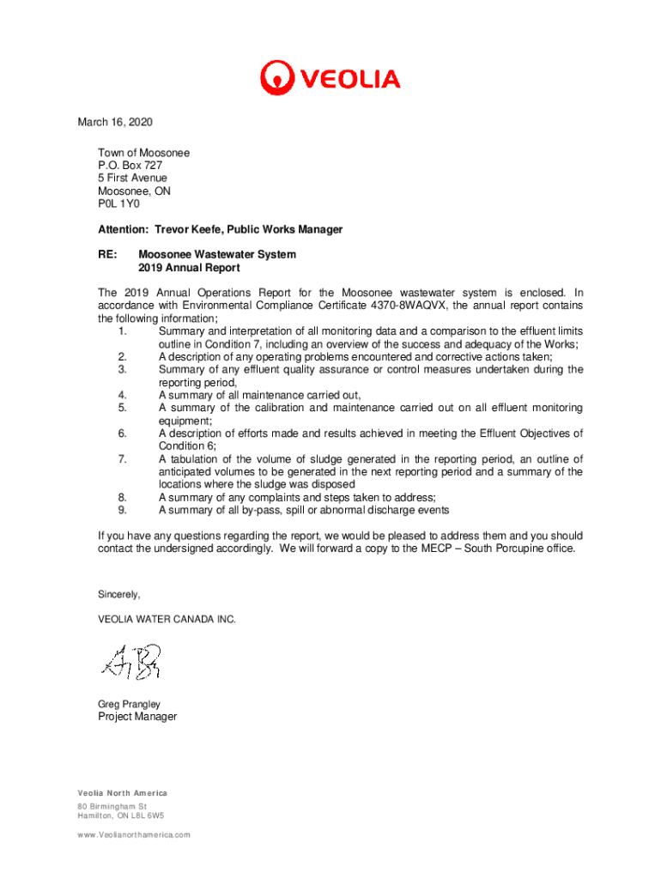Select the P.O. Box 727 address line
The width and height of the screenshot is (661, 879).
pyautogui.click(x=130, y=166)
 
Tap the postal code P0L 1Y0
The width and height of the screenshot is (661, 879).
pyautogui.click(x=118, y=204)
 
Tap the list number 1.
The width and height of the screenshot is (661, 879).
pyautogui.click(x=124, y=331)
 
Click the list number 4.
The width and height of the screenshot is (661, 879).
pyautogui.click(x=124, y=395)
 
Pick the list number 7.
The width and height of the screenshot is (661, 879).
pyautogui.click(x=124, y=459)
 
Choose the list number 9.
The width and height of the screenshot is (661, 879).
pyautogui.click(x=124, y=510)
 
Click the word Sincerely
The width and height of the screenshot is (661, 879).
pyautogui.click(x=119, y=595)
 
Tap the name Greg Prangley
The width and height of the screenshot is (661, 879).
pyautogui.click(x=130, y=704)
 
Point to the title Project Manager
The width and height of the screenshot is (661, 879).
pyautogui.click(x=137, y=717)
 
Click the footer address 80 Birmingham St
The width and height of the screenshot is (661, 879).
pyautogui.click(x=112, y=808)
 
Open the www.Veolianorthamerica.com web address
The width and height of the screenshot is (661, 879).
pyautogui.click(x=134, y=834)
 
